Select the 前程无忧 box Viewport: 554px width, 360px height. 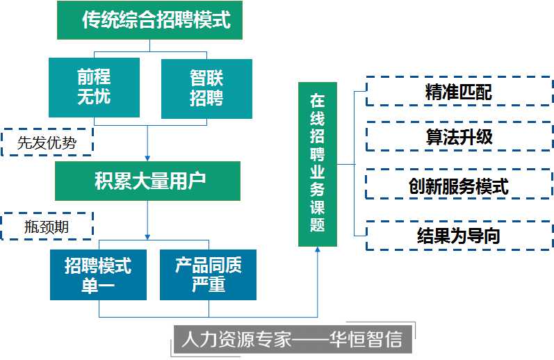[x=94, y=88]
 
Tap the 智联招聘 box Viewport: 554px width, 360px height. [x=206, y=88]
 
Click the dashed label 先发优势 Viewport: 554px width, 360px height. [x=47, y=144]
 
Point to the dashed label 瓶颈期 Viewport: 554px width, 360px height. [x=47, y=227]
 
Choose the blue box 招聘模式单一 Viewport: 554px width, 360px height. [x=98, y=275]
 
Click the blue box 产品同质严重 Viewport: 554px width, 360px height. [x=207, y=275]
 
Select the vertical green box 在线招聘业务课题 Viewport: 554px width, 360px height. [x=318, y=164]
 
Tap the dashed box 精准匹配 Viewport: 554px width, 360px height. [x=459, y=92]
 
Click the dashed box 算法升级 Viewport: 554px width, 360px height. [x=459, y=137]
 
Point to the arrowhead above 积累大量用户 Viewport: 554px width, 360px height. [x=148, y=158]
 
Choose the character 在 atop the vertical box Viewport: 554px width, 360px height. [x=318, y=99]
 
